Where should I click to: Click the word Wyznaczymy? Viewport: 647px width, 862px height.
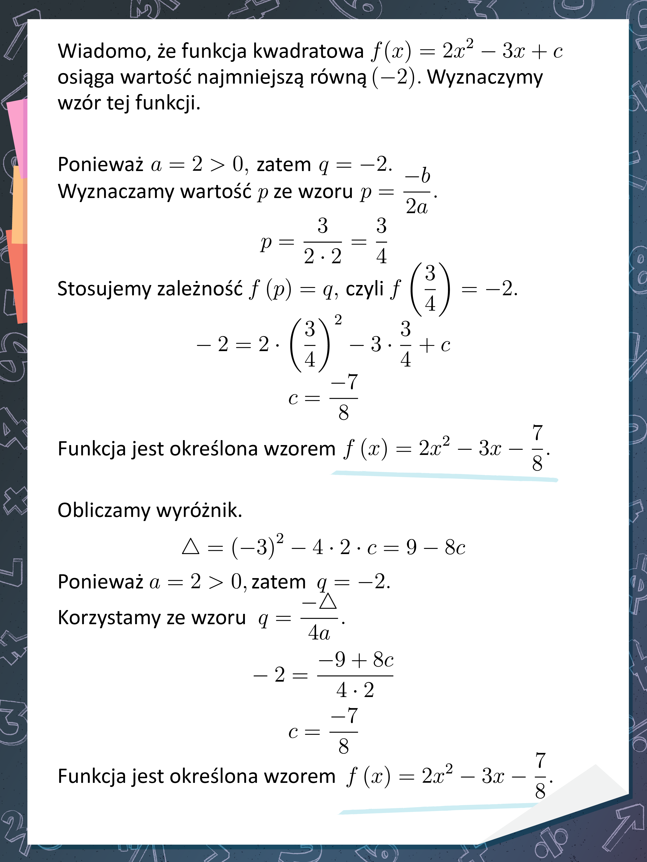click(x=485, y=77)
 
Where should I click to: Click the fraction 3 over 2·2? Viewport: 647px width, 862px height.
click(x=323, y=242)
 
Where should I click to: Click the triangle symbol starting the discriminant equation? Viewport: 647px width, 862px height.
click(x=191, y=547)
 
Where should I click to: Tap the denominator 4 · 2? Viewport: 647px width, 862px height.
click(x=355, y=690)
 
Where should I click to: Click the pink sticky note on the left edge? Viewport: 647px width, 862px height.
click(x=18, y=136)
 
